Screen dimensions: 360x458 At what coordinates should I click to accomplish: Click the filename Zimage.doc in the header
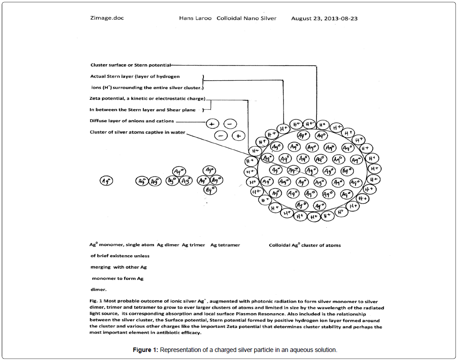point(107,18)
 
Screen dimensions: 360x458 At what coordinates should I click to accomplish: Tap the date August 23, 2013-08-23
point(324,18)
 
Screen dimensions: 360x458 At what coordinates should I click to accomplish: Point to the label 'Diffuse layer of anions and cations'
point(132,121)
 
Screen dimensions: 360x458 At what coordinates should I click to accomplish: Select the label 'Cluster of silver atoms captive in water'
point(137,132)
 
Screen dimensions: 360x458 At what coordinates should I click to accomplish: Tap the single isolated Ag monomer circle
point(106,181)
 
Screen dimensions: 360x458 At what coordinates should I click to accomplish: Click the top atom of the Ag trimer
point(179,171)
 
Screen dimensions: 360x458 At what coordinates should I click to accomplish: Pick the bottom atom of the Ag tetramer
point(210,190)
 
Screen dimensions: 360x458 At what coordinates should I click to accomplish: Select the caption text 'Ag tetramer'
point(225,245)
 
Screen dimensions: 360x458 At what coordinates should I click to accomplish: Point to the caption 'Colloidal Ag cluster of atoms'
point(305,245)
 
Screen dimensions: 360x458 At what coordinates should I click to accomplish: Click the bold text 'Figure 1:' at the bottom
point(145,350)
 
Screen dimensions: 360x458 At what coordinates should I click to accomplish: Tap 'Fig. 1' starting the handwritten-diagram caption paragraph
point(96,301)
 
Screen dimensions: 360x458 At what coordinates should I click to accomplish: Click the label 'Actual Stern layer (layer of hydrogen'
point(135,76)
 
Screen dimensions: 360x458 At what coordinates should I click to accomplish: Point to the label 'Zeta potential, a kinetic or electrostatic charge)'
point(147,98)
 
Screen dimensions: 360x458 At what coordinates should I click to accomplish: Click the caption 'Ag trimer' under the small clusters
point(193,245)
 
